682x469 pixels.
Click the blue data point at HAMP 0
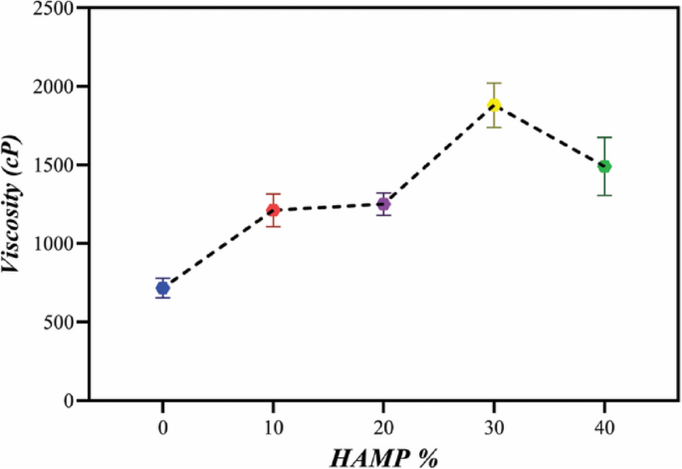[162, 288]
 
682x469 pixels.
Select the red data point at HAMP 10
[273, 210]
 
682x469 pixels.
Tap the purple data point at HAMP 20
[383, 204]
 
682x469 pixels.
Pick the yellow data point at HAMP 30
[494, 106]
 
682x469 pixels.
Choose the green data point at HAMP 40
[604, 166]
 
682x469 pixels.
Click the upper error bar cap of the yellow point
[494, 83]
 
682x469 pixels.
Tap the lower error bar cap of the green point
[604, 194]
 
